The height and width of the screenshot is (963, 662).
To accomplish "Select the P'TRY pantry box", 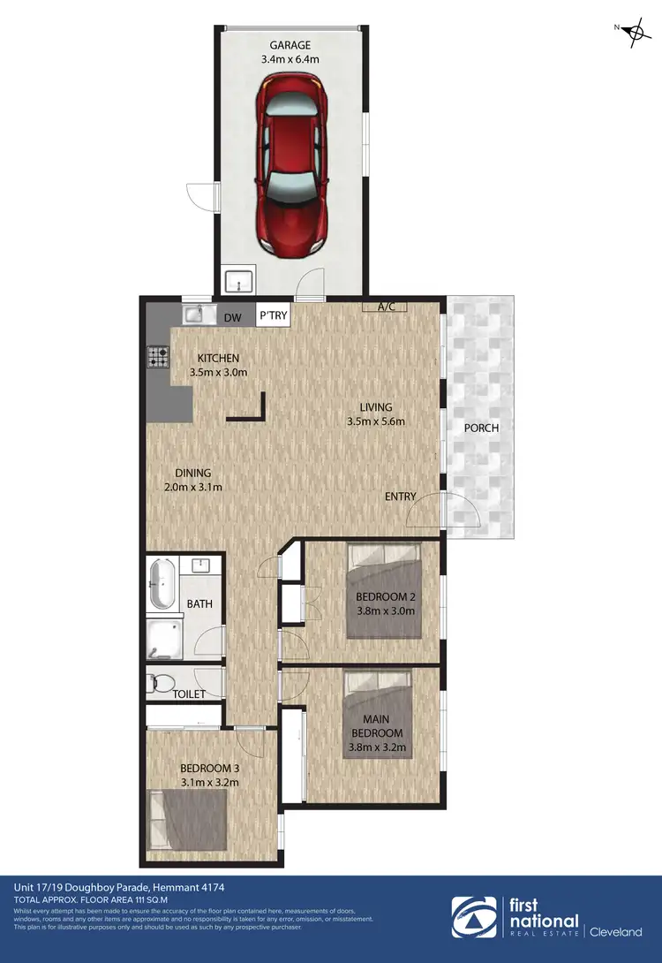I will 273,316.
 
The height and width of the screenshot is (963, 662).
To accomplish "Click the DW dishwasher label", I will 233,317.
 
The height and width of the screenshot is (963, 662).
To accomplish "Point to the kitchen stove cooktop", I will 159,357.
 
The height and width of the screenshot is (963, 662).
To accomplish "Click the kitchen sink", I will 194,314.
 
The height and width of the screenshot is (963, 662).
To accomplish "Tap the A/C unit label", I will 386,307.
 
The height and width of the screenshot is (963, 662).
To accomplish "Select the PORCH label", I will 481,428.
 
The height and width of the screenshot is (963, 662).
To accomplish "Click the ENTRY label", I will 400,497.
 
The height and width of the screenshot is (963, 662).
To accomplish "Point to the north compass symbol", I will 633,34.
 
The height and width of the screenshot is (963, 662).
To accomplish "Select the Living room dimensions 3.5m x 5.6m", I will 375,421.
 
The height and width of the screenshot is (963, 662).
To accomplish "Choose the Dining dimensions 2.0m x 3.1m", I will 192,487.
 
